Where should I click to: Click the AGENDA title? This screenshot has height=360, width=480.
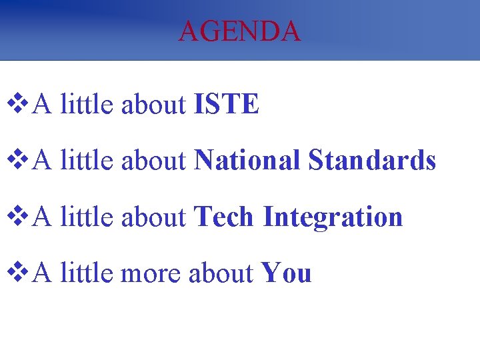(x=239, y=31)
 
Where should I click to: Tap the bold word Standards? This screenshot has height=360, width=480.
(x=372, y=160)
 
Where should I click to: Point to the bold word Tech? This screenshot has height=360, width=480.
(x=224, y=217)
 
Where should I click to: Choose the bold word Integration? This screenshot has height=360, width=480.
(x=333, y=218)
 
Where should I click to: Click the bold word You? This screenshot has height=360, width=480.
(x=286, y=273)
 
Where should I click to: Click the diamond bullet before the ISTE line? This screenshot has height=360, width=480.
(x=17, y=104)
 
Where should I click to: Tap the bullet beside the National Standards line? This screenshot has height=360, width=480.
(x=17, y=160)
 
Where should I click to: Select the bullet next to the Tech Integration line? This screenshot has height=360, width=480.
(x=17, y=217)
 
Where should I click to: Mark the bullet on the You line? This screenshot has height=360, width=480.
(x=17, y=273)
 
